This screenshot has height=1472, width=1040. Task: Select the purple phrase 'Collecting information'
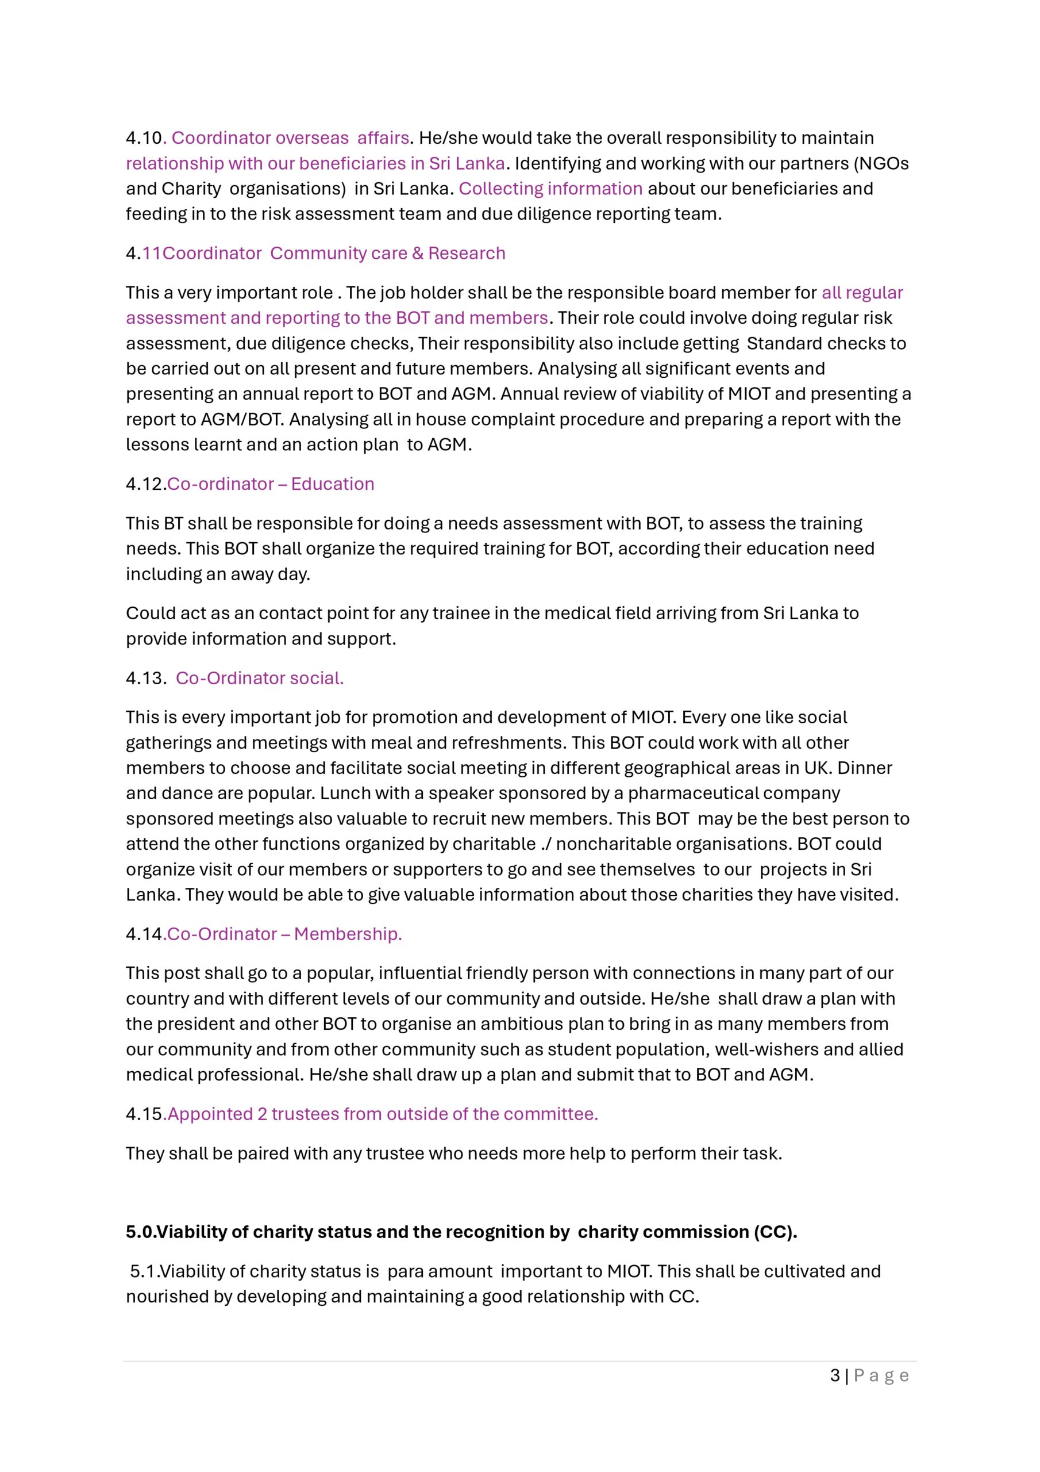pyautogui.click(x=550, y=189)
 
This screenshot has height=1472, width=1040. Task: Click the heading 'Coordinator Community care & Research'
pyautogui.click(x=333, y=253)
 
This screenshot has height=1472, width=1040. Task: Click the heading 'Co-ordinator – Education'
pyautogui.click(x=271, y=484)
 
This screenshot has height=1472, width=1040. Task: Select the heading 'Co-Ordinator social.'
pyautogui.click(x=260, y=678)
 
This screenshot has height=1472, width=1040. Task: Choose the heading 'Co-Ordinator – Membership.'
pyautogui.click(x=284, y=934)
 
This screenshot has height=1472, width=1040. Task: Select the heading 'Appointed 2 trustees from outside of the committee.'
pyautogui.click(x=383, y=1114)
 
